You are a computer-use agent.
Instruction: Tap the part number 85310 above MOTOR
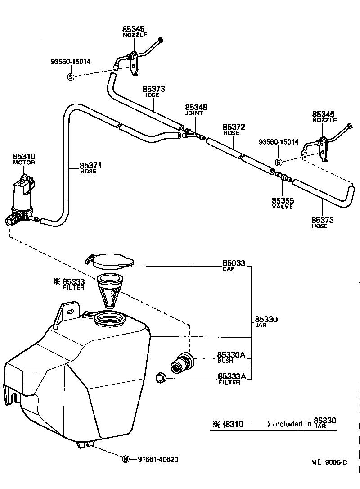(24, 157)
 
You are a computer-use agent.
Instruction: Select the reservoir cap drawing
(109, 260)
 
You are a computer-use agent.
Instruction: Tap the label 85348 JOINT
(196, 109)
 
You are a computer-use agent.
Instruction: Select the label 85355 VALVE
(283, 202)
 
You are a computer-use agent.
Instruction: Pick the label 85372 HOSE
(234, 130)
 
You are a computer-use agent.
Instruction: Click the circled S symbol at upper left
(70, 77)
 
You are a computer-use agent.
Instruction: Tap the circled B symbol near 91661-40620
(126, 459)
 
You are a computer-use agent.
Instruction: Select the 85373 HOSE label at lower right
(322, 222)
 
